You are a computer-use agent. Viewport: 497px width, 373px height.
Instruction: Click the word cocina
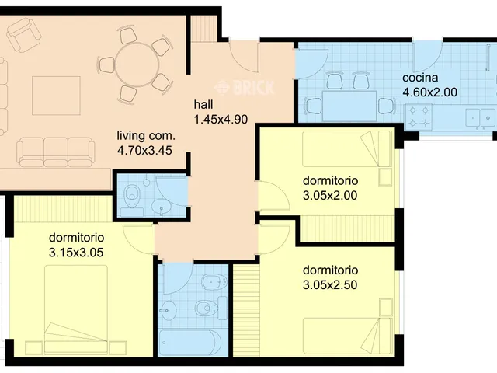point(420,78)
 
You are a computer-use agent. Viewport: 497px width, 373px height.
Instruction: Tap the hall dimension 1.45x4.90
point(221,120)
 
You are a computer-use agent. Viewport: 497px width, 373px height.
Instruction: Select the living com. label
point(146,135)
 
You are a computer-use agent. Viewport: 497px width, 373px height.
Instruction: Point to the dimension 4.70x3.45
point(144,150)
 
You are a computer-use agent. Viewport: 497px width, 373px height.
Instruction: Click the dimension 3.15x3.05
point(76,253)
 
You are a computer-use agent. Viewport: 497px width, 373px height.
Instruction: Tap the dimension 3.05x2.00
point(330,195)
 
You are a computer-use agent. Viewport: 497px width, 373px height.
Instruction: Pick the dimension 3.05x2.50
point(330,285)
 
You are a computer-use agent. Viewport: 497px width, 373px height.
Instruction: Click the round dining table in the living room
point(137,64)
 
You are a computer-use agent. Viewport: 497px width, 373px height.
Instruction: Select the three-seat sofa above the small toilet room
point(56,152)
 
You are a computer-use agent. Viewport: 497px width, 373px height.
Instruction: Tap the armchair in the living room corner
point(24,34)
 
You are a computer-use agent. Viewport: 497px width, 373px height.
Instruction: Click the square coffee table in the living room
point(56,96)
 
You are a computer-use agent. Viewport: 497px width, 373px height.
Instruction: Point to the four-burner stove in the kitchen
point(419,117)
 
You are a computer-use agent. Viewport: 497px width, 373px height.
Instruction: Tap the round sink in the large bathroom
point(168,310)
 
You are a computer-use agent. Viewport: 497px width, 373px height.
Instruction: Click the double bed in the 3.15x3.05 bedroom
point(76,310)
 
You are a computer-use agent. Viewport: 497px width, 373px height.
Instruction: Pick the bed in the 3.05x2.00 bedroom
point(346,148)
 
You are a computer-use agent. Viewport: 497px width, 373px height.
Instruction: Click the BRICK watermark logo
point(244,87)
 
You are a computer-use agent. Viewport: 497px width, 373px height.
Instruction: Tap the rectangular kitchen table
point(349,106)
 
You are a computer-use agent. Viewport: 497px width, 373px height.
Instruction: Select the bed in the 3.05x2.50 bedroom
point(348,336)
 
